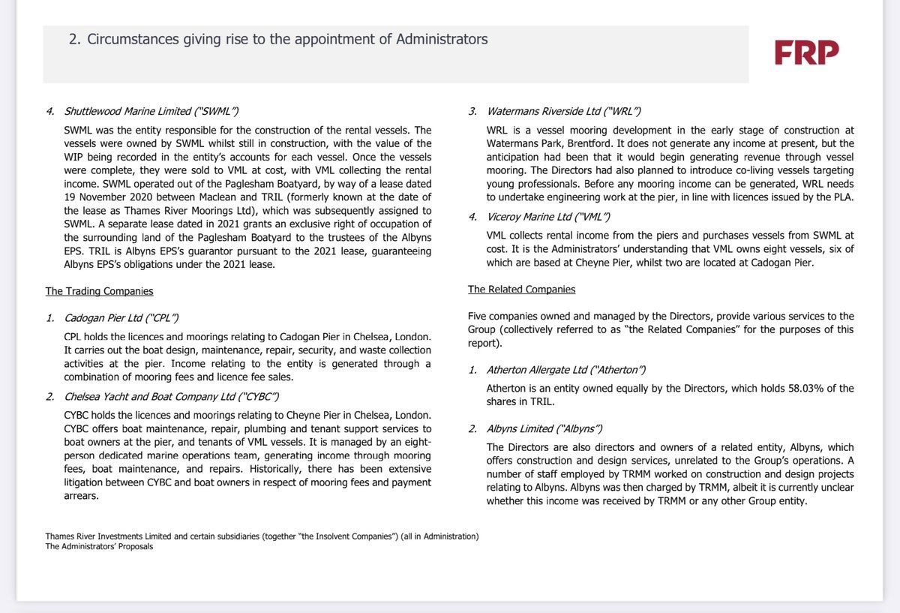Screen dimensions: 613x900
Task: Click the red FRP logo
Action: [806, 53]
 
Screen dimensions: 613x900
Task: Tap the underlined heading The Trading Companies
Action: [99, 291]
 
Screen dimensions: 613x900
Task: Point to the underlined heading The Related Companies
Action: [522, 289]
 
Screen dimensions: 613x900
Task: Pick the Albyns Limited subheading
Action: [534, 428]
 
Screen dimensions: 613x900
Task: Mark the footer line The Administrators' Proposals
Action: [99, 546]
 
